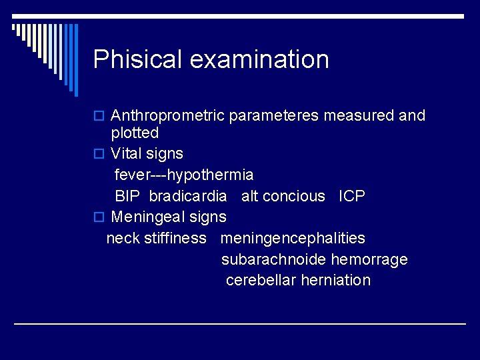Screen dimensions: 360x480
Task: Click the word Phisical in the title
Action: click(137, 59)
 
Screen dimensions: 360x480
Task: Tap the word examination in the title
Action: click(259, 59)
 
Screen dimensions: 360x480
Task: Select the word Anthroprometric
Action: click(167, 116)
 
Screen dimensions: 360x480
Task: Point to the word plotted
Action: click(135, 133)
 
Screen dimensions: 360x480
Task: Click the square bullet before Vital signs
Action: click(99, 154)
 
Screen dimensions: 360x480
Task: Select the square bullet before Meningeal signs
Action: click(99, 217)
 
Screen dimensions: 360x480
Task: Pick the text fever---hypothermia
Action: click(184, 175)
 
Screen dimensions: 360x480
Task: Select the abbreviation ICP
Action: click(352, 196)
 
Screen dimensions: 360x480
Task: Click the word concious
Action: click(293, 196)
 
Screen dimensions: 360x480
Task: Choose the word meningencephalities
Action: click(293, 238)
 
